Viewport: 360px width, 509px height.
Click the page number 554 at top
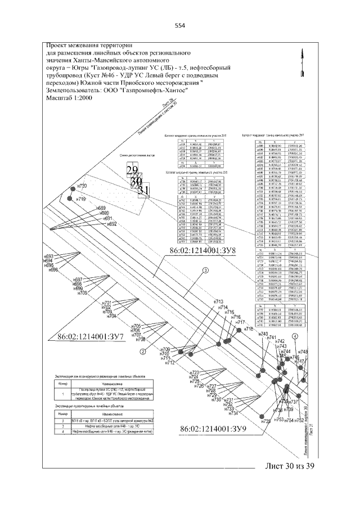click(x=180, y=25)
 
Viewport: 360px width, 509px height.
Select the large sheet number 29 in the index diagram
click(x=132, y=170)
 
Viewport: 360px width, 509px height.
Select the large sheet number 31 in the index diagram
click(x=143, y=190)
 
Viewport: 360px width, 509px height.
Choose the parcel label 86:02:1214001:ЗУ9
click(x=214, y=429)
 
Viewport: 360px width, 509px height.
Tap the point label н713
click(x=219, y=302)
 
